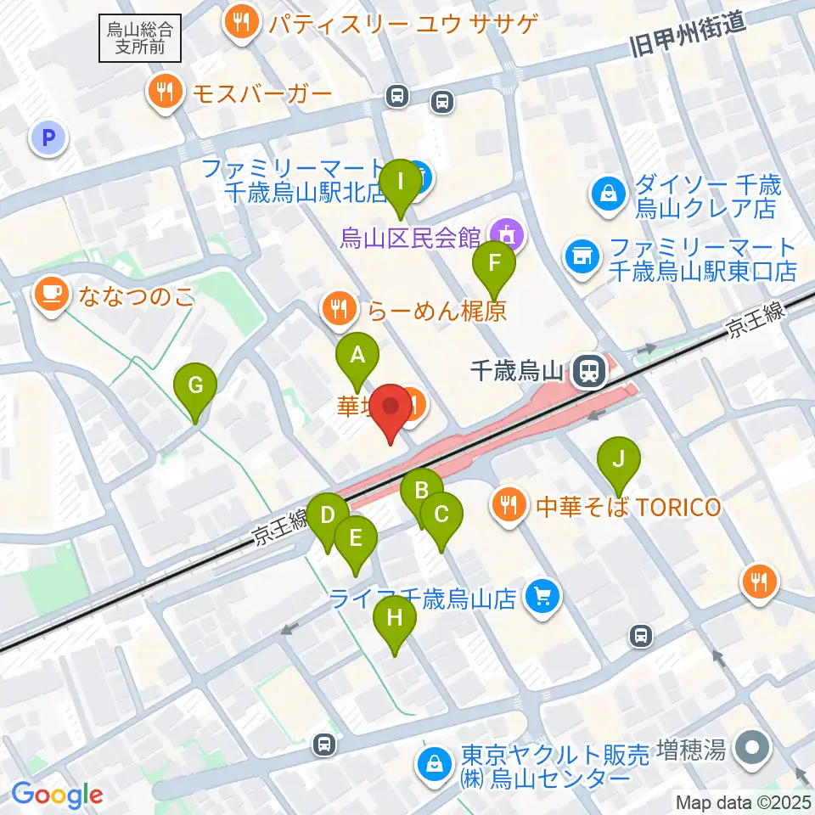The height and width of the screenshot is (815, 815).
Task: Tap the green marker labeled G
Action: (x=195, y=388)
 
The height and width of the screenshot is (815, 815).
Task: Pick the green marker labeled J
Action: (x=619, y=462)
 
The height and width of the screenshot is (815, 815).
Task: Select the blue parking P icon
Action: (x=48, y=137)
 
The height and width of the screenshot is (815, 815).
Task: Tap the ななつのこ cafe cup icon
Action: (x=51, y=296)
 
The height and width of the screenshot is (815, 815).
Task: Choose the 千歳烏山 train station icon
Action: (x=587, y=371)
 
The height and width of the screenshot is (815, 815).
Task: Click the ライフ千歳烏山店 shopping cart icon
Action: (x=541, y=599)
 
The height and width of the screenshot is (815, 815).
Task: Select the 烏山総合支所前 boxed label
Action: (x=141, y=38)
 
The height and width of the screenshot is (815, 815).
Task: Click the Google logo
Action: (x=57, y=795)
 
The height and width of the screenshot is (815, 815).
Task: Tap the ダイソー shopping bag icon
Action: (x=609, y=196)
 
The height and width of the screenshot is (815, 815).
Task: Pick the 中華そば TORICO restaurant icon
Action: (x=509, y=508)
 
